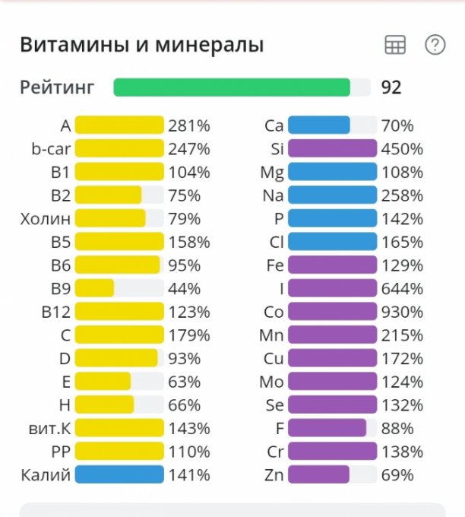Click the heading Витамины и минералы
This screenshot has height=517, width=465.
[x=141, y=45]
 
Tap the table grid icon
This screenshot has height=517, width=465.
[x=395, y=45]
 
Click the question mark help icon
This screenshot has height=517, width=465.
[x=435, y=45]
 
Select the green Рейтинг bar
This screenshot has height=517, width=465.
[x=232, y=87]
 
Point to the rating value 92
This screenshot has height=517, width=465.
[x=391, y=87]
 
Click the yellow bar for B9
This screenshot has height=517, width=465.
[x=95, y=288]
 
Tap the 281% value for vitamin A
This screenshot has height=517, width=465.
[x=189, y=125]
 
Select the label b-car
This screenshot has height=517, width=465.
[x=51, y=149]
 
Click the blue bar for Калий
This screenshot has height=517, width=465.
[x=119, y=475]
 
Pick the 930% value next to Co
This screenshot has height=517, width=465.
[x=402, y=312]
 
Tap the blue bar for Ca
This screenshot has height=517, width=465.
[x=319, y=125]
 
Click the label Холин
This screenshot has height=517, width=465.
[x=46, y=219]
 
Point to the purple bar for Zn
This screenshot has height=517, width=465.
[x=319, y=475]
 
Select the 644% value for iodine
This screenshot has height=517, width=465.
[x=402, y=288]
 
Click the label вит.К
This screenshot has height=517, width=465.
[x=48, y=429]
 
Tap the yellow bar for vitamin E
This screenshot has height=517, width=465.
[x=103, y=382]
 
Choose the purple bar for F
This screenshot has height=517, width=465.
[x=327, y=429]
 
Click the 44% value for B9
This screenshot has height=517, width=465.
[x=185, y=288]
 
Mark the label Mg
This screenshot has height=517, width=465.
[x=272, y=172]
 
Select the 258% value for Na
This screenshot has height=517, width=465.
[x=402, y=195]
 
